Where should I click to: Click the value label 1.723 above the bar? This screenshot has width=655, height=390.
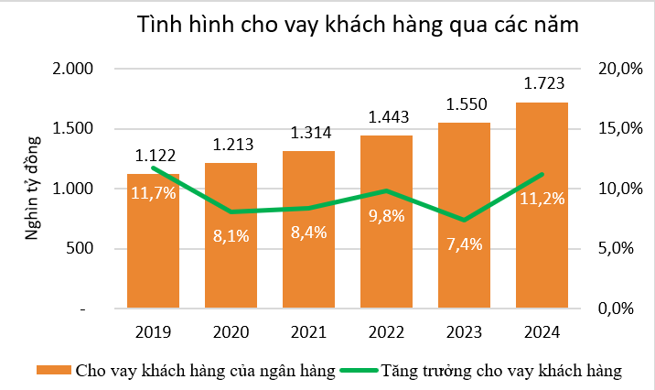(x=542, y=85)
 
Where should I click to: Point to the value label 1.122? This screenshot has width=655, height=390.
(x=155, y=157)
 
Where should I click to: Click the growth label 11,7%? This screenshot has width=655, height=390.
(x=153, y=193)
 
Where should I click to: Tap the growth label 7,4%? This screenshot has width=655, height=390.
(x=464, y=244)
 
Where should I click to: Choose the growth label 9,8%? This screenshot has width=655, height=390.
(x=387, y=218)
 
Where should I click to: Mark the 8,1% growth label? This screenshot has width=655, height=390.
(x=231, y=236)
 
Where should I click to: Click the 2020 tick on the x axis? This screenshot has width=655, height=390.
(x=231, y=331)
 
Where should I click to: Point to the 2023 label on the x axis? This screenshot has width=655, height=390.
(x=464, y=331)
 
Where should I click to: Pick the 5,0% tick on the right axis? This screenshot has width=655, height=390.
(x=617, y=249)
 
